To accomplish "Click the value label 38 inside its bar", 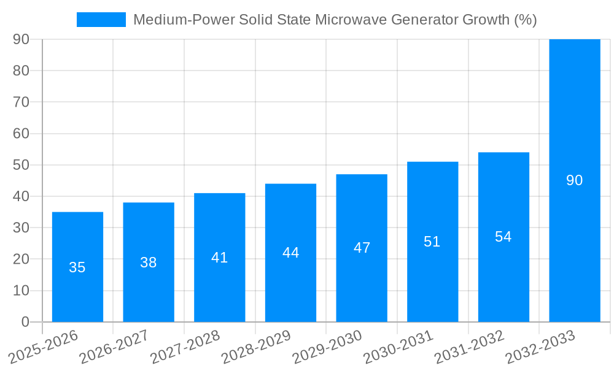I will click(149, 263).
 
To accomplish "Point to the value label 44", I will click(290, 253).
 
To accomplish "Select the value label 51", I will click(432, 242).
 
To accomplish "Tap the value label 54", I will click(503, 237).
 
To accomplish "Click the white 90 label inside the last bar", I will click(574, 180).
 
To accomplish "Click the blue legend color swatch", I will click(101, 20).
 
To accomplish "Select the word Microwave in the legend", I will click(346, 20).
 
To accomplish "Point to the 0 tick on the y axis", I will click(25, 322).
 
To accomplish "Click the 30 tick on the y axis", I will click(21, 228).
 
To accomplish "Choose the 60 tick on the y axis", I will click(21, 134).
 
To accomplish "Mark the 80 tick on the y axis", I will click(21, 71).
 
